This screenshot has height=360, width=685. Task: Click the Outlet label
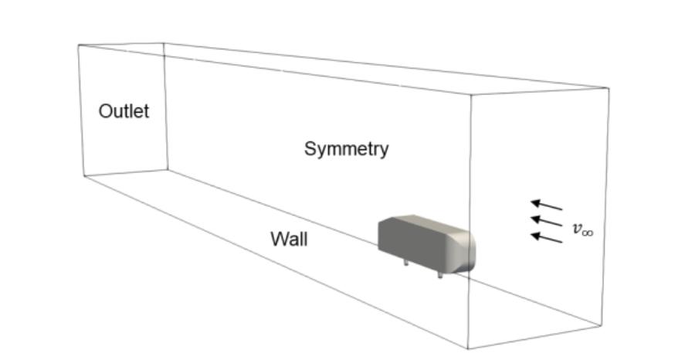click(124, 111)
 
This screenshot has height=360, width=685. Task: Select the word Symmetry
click(346, 148)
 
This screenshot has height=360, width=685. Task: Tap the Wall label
click(289, 239)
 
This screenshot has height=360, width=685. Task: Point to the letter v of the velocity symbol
click(576, 228)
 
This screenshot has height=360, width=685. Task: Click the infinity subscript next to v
click(588, 232)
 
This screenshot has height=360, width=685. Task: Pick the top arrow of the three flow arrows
click(546, 205)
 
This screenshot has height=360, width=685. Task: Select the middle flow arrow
click(546, 222)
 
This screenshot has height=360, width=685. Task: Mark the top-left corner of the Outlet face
click(78, 45)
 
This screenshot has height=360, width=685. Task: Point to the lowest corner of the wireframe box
click(468, 348)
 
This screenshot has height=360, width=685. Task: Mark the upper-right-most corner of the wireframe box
click(609, 88)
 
